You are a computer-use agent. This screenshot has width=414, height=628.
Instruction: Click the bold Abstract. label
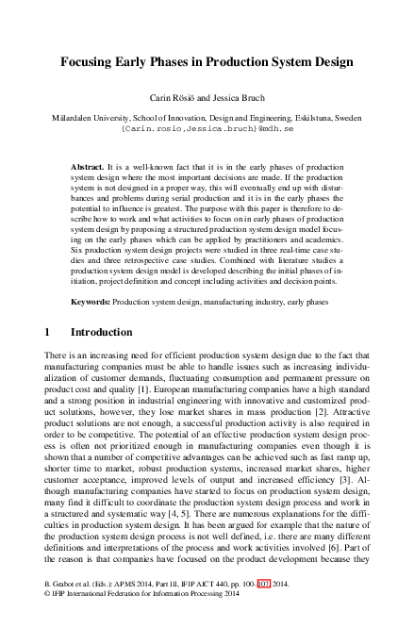point(88,166)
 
